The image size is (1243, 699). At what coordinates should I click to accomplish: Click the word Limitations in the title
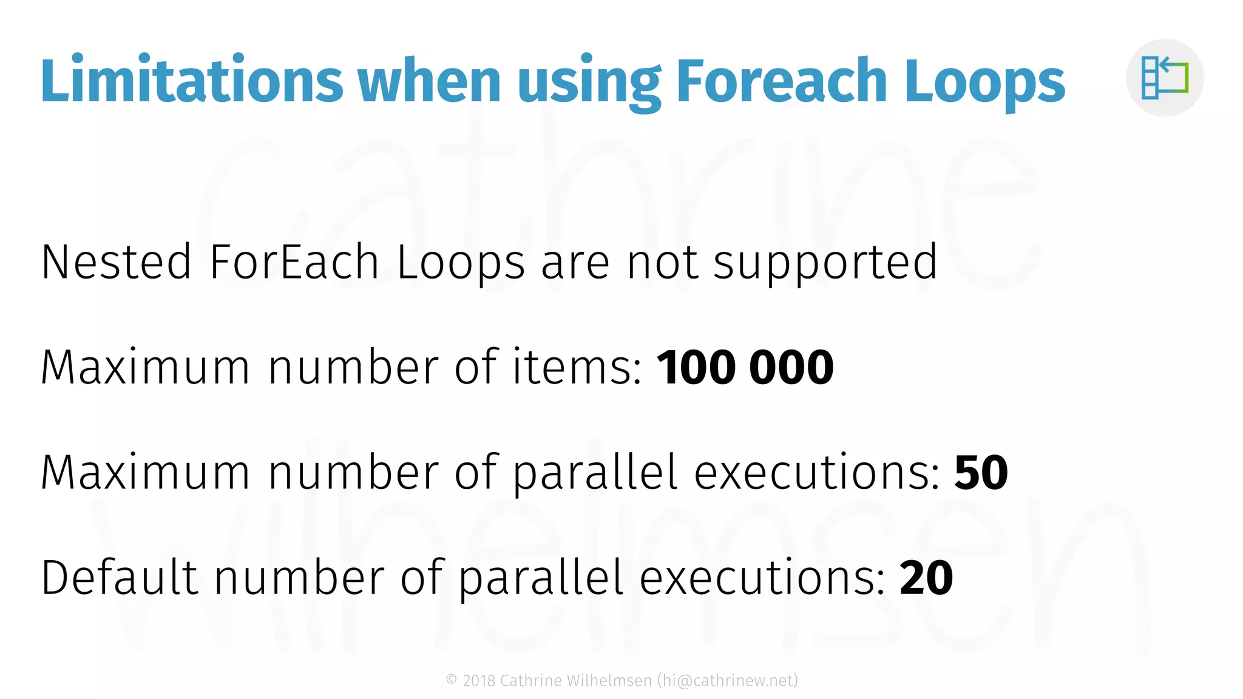tap(192, 80)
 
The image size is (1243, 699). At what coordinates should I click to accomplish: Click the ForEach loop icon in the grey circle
tap(1165, 77)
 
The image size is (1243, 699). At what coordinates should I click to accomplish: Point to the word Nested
tap(116, 262)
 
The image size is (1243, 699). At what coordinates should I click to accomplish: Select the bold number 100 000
tap(745, 368)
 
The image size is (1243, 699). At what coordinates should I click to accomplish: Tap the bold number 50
tap(981, 473)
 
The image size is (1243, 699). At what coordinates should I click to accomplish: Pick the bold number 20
tap(926, 578)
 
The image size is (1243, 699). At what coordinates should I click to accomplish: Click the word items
tap(577, 368)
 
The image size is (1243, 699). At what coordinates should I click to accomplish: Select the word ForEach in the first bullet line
tap(294, 262)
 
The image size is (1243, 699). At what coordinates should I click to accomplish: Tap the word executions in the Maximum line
tap(817, 473)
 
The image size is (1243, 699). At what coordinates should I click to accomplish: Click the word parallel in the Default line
tap(541, 579)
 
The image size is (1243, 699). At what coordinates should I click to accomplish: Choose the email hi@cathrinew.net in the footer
tap(727, 681)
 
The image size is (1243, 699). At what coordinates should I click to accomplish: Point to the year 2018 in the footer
tap(479, 681)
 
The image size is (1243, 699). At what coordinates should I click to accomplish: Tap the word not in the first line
tap(662, 262)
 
